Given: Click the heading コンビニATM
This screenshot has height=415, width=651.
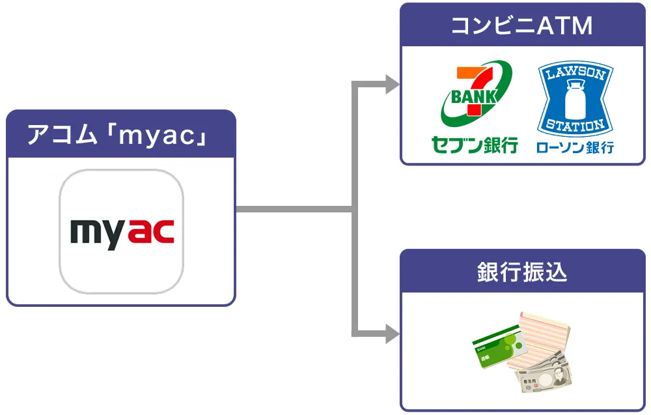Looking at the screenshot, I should click(x=522, y=26).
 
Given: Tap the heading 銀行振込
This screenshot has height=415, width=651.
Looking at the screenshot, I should click(x=522, y=272).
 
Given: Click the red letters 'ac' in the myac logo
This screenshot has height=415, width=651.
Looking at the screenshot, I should click(x=152, y=233).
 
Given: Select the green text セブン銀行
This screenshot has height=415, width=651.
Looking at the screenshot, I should click(x=475, y=145).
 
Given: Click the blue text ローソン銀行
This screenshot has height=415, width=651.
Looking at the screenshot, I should click(x=574, y=147).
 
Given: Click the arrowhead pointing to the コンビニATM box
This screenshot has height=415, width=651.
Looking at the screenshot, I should click(x=392, y=84).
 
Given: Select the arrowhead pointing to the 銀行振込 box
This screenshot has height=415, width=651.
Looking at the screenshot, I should click(x=392, y=335).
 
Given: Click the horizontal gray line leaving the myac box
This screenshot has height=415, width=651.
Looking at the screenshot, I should click(x=293, y=209).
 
